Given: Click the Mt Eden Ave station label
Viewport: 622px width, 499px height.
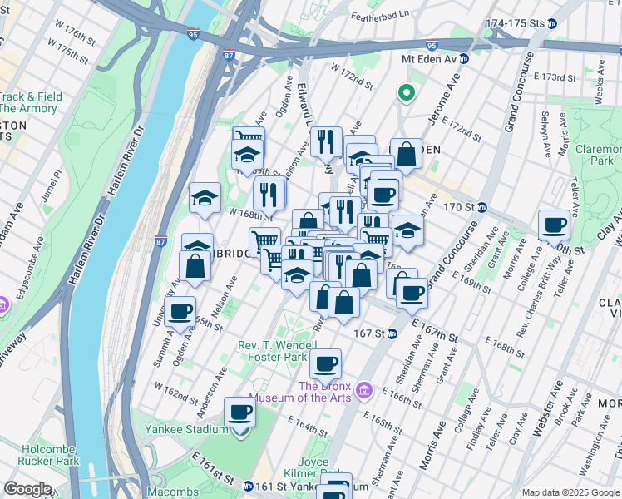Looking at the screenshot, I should [x=430, y=59].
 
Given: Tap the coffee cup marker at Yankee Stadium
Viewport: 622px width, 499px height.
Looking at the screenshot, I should [x=240, y=413].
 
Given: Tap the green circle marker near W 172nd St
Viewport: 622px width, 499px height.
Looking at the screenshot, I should [x=407, y=91].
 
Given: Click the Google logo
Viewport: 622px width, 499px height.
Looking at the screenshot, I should [x=27, y=489].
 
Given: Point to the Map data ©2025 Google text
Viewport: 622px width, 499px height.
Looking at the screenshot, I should [x=570, y=492].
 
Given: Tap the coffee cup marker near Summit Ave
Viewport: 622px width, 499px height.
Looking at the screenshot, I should [x=180, y=313].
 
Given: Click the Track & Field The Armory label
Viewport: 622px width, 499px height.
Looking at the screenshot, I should [x=30, y=103].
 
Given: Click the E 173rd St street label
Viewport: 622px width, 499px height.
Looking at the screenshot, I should [x=555, y=77].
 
